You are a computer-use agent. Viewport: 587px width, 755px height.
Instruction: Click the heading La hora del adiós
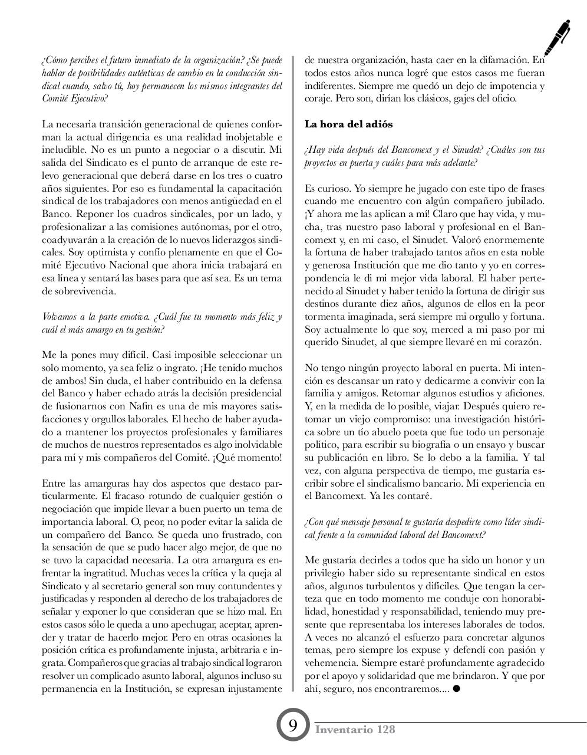tap(348, 124)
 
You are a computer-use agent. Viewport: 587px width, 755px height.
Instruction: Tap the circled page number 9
tap(293, 725)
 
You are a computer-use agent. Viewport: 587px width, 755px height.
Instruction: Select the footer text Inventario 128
tap(355, 730)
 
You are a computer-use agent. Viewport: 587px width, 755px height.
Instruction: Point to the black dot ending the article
tap(456, 688)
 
